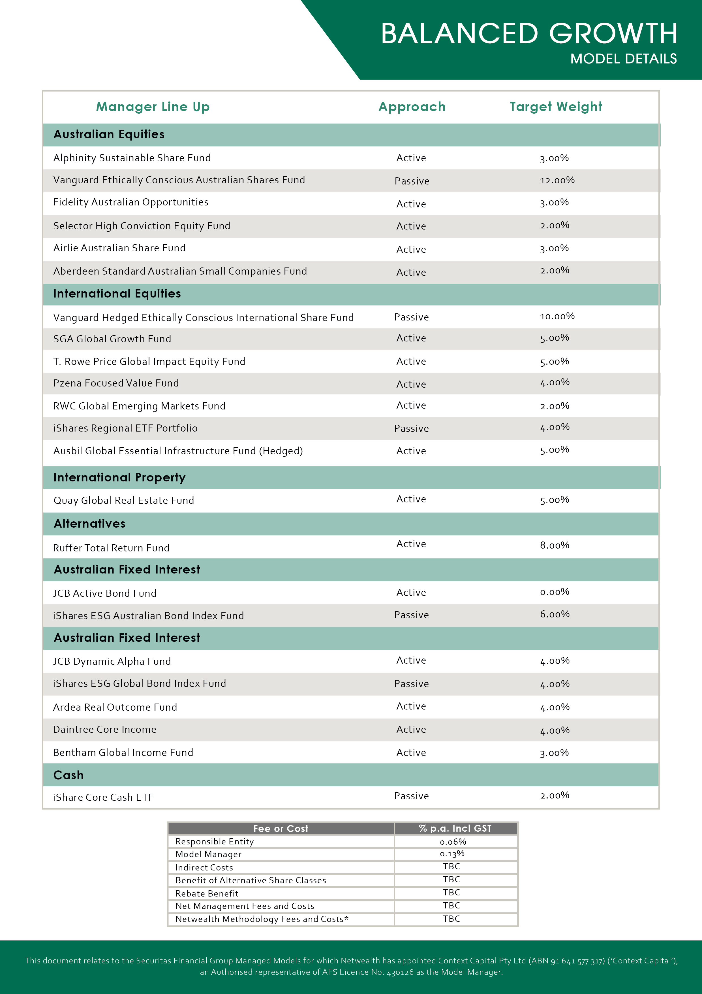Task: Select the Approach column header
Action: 412,107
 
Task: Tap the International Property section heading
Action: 119,477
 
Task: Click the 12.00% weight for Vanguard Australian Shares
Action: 557,180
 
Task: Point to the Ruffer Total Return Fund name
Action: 111,548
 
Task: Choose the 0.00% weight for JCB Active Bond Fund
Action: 555,592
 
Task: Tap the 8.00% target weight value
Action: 555,545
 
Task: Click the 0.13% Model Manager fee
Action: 452,854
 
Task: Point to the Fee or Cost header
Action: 281,829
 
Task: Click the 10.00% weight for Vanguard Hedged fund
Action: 557,317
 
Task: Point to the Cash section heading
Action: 68,775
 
